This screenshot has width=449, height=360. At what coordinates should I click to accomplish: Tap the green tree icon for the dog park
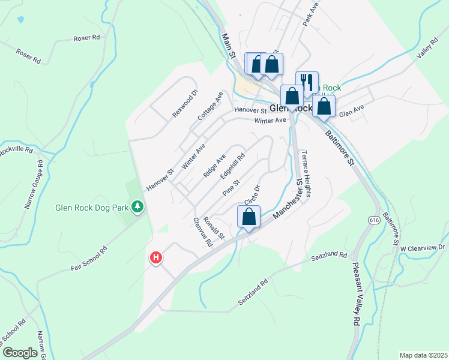(138, 206)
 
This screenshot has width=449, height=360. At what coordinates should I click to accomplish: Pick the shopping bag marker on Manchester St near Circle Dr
(249, 217)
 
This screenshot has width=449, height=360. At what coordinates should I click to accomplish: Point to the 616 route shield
(375, 220)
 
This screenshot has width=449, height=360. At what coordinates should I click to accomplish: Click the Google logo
(20, 353)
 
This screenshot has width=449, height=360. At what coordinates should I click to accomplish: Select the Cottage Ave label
(210, 106)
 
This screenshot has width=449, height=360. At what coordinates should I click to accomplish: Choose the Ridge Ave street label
(214, 165)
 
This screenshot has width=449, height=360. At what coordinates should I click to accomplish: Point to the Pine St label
(231, 187)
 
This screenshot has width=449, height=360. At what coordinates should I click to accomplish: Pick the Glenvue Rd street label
(203, 232)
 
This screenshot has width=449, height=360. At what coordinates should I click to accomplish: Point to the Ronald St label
(214, 228)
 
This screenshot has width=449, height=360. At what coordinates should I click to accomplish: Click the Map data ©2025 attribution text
(423, 355)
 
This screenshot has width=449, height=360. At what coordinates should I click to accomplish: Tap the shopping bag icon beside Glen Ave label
(324, 106)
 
